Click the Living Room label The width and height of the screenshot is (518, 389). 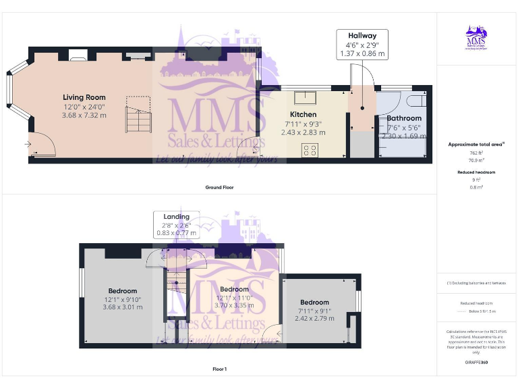(85, 97)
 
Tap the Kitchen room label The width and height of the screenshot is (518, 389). (303, 115)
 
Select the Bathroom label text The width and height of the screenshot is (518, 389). (404, 118)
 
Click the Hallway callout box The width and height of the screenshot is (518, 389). (362, 44)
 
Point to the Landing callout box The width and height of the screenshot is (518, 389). (176, 224)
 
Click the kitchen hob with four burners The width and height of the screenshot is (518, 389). (311, 151)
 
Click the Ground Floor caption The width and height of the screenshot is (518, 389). (219, 187)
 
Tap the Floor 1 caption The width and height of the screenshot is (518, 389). (219, 369)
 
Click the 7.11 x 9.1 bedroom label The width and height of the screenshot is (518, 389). (314, 302)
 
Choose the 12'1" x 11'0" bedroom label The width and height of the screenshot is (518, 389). (234, 289)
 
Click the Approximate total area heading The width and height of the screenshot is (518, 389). (476, 145)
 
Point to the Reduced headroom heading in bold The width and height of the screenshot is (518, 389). (476, 173)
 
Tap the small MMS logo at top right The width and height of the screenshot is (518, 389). (476, 39)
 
